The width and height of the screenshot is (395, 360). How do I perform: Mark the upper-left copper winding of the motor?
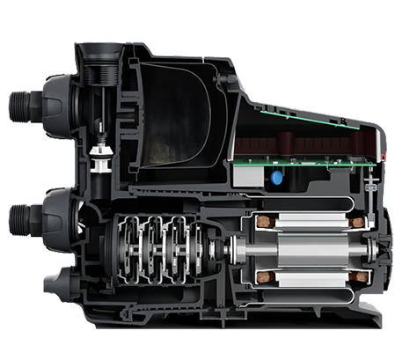[261, 222]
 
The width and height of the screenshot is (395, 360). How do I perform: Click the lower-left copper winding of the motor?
[261, 279]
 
